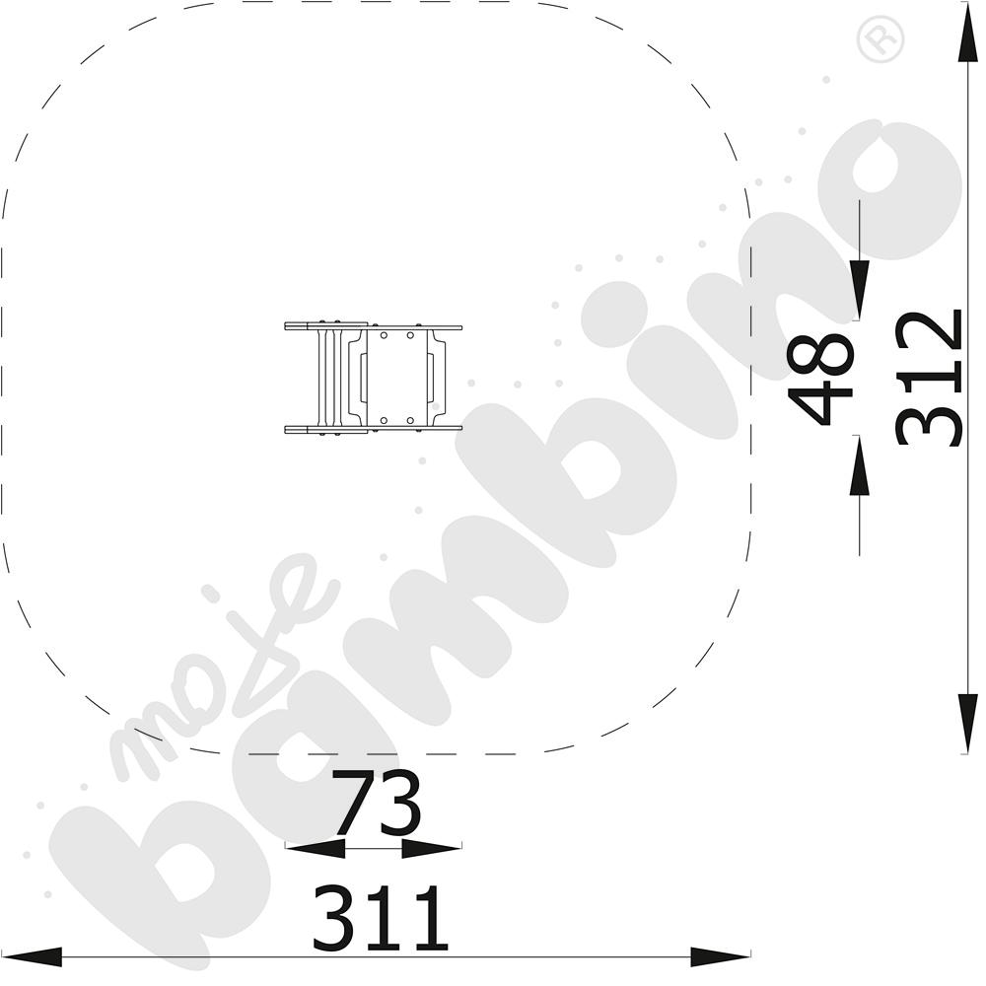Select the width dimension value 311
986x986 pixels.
coord(381,917)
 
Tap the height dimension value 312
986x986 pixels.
coord(930,378)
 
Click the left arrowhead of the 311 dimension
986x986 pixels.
coord(32,957)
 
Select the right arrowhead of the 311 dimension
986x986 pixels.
coord(720,957)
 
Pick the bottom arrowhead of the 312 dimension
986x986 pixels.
coord(968,723)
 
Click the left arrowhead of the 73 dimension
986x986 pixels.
coord(315,848)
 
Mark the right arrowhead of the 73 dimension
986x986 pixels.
coord(432,848)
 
